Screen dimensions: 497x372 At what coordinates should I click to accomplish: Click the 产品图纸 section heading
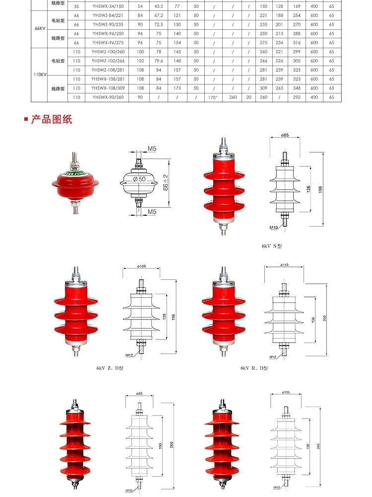pos(52,120)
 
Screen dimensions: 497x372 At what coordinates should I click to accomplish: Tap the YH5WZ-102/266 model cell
pos(108,61)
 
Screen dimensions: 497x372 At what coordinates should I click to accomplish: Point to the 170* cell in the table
pos(213,97)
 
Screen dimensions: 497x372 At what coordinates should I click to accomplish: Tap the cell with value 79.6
pos(159,61)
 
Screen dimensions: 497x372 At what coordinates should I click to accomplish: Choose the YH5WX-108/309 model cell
pos(108,88)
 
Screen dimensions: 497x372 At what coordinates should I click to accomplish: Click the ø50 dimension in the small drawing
pos(139,179)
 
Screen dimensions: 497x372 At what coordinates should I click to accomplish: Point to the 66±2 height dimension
pos(166,181)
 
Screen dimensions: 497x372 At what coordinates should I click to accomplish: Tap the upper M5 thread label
pos(152,149)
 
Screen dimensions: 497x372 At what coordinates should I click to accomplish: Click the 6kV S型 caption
pos(272,246)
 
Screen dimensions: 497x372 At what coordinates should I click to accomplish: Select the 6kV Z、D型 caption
pos(110,368)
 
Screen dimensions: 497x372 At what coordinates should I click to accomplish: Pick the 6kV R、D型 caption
pos(254,368)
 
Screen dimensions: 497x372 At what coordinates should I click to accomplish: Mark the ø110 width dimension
pos(285,265)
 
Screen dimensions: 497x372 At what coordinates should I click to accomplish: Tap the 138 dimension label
pos(312,319)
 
